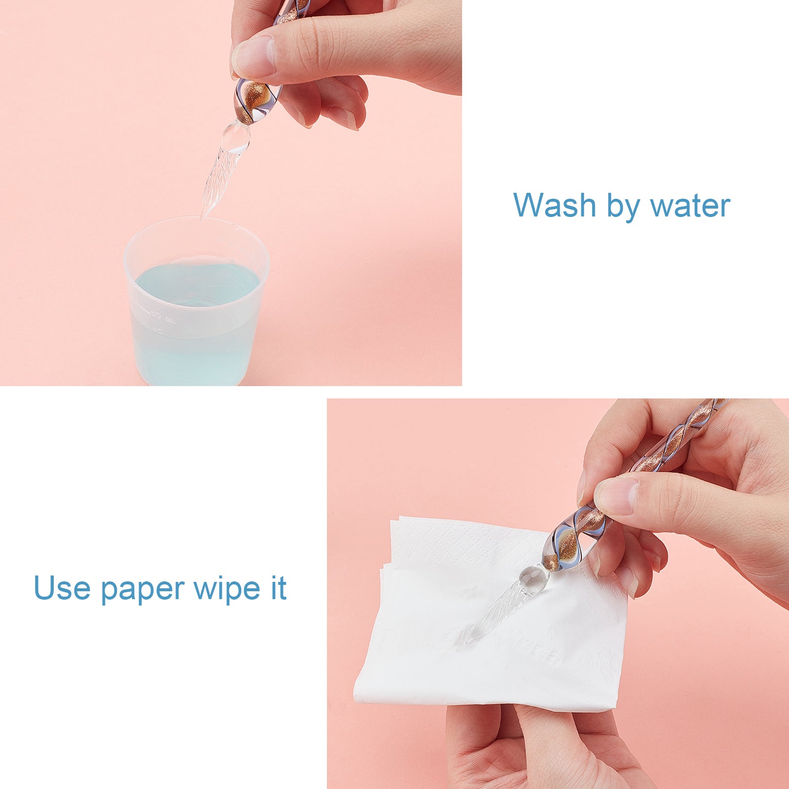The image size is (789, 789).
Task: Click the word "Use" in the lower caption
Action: click(62, 588)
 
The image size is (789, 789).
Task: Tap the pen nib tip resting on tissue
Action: click(468, 642)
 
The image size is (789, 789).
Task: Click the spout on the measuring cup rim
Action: click(235, 228)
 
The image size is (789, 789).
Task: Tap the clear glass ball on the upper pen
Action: click(235, 136)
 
